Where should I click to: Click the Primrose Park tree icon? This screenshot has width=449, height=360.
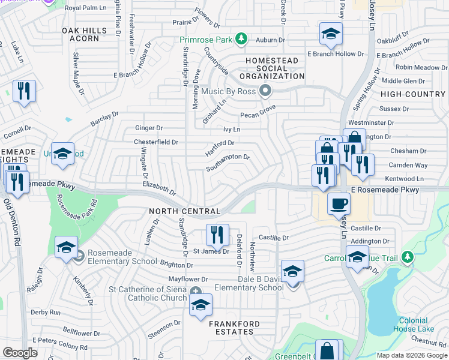[241, 40]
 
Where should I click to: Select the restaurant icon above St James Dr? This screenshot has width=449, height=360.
[217, 235]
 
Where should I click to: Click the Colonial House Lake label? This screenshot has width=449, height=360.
[414, 325]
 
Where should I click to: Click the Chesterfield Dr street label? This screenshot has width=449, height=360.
[155, 142]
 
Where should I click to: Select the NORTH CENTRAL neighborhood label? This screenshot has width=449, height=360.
[185, 211]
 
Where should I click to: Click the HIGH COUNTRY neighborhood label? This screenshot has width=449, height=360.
[412, 94]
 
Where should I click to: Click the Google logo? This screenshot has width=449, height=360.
[20, 352]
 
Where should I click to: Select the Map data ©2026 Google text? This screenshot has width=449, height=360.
[412, 355]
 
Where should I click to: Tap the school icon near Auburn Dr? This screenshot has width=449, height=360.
[330, 35]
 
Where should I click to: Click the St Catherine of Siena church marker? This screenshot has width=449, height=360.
[196, 292]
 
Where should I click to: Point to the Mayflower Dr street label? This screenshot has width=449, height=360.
[187, 280]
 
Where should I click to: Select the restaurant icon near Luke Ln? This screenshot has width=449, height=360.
[24, 92]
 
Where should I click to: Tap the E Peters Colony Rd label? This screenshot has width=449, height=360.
[59, 340]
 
